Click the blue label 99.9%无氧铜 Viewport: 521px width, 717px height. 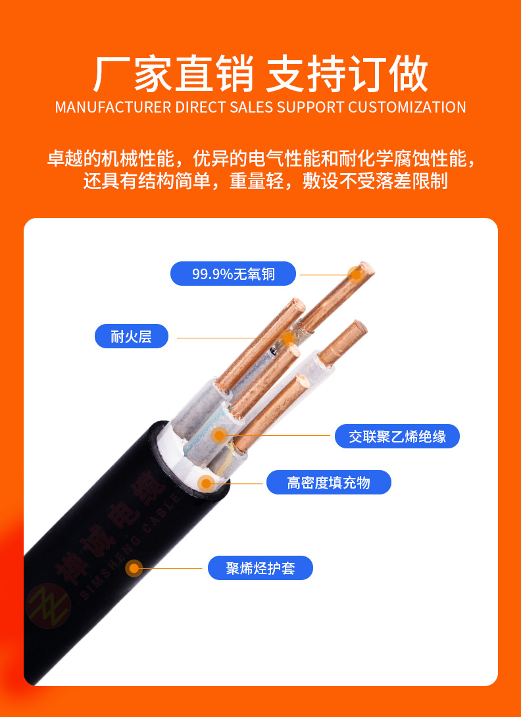point(233,274)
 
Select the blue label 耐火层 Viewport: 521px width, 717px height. point(132,337)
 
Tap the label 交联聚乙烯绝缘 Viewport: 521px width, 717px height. point(397,436)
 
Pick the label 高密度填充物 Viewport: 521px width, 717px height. point(328,483)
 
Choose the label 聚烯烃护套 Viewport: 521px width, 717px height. point(260,568)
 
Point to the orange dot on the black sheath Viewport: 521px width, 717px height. point(134,568)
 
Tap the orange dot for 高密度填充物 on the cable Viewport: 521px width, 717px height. point(206,483)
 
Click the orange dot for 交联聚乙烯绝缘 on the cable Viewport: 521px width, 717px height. point(220,435)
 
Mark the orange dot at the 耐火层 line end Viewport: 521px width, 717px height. point(287,338)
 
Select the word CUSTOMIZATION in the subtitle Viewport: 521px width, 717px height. point(407,107)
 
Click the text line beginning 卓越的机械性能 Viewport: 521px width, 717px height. point(260,159)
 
